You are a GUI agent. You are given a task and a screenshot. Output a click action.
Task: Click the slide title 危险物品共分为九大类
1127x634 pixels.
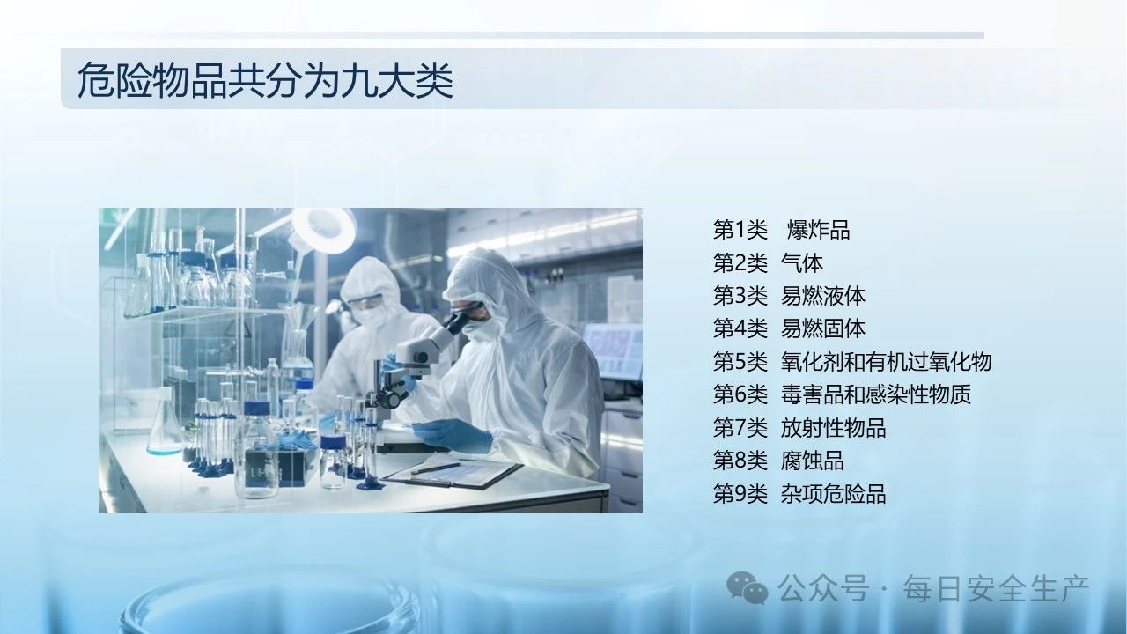[x=266, y=80]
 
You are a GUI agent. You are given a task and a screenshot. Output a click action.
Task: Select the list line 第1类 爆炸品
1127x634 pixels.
[x=781, y=230]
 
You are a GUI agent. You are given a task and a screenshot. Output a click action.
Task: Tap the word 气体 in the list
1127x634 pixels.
[x=802, y=263]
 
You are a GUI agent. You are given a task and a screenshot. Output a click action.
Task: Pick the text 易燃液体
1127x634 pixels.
[x=823, y=296]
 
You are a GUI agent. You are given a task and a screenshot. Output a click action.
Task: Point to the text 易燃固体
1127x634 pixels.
[x=823, y=328]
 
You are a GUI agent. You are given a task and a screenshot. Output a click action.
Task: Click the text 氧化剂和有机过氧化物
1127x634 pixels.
[x=886, y=362]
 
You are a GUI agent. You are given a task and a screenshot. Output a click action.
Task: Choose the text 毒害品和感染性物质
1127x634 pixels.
[x=876, y=394]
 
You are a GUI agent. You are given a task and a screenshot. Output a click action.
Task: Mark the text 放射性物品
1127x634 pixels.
[x=833, y=428]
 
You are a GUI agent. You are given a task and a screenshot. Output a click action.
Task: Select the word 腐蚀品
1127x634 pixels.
[x=812, y=461]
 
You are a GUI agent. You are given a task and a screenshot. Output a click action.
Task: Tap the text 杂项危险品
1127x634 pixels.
[x=833, y=494]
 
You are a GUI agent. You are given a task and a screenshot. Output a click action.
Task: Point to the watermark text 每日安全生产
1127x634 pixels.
[x=996, y=588]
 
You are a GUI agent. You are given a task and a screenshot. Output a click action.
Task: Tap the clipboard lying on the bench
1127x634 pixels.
[x=452, y=471]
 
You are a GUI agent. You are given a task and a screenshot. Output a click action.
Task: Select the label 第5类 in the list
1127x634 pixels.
[x=740, y=362]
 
